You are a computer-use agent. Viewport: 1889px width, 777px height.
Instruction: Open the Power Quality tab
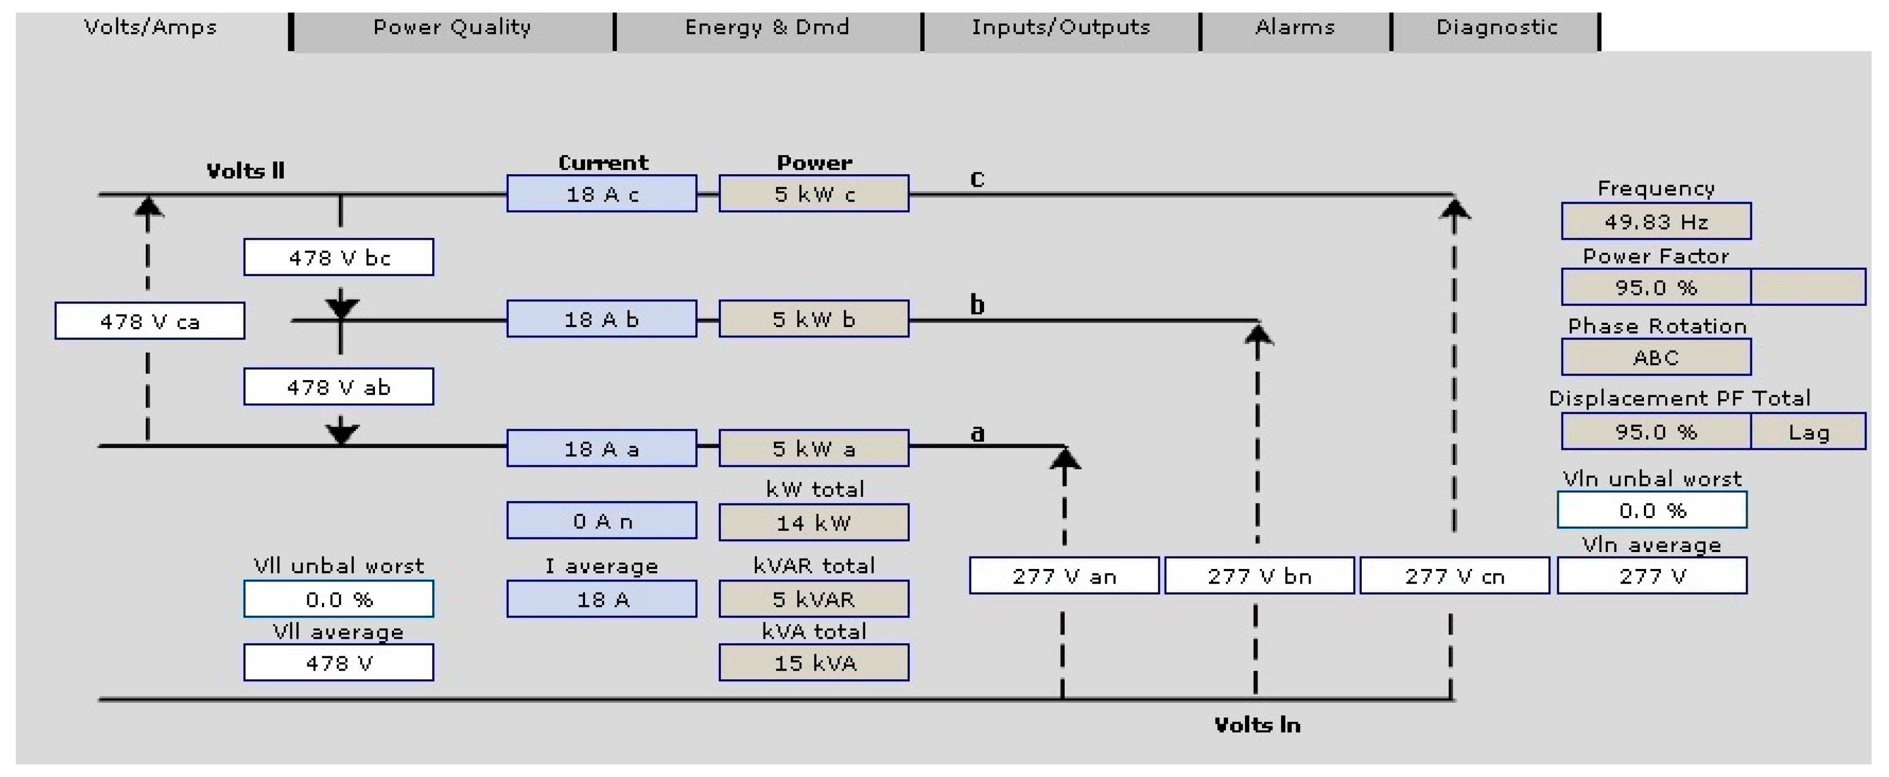click(452, 29)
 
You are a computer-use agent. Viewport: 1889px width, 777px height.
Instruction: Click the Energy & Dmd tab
click(767, 29)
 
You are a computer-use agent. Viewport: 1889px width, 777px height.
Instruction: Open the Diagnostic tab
click(1496, 29)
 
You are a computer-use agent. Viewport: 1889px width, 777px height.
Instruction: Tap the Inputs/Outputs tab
click(1060, 29)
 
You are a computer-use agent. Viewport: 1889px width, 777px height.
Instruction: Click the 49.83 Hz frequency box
click(1656, 222)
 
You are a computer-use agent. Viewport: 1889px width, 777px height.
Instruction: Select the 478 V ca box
click(150, 322)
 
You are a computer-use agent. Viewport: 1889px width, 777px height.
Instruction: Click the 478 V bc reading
click(339, 258)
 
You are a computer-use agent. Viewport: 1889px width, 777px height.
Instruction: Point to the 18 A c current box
click(601, 194)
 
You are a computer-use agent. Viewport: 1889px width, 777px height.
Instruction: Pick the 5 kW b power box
click(813, 319)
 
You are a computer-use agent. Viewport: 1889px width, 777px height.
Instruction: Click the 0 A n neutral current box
click(601, 521)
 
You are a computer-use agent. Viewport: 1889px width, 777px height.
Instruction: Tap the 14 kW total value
click(813, 523)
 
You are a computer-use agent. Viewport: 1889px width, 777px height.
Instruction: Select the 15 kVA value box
click(813, 663)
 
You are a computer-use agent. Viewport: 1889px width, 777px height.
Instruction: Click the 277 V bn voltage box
click(1259, 576)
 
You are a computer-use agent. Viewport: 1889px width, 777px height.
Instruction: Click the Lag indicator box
click(1808, 431)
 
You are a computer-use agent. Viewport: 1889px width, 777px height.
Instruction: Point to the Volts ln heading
click(1257, 726)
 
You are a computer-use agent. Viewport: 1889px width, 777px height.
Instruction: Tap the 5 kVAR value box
click(813, 600)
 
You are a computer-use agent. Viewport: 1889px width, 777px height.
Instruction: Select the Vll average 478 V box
click(339, 663)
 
